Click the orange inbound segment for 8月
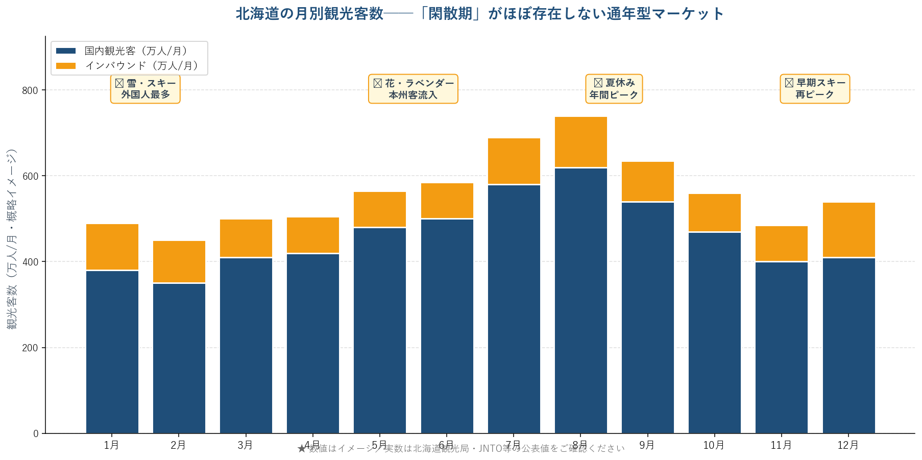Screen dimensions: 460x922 tap(581, 142)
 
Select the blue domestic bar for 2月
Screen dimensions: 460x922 tap(179, 358)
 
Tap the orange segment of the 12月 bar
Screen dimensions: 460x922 tap(848, 230)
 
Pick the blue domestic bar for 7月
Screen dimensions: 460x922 tap(514, 309)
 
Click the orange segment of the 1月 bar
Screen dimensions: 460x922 tap(112, 247)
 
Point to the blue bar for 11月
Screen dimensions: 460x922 tap(782, 347)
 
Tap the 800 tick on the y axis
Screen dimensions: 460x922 tap(30, 90)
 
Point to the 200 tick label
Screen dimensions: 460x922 tap(30, 348)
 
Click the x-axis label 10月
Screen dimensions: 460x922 tap(714, 445)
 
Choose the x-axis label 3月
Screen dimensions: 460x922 tap(246, 445)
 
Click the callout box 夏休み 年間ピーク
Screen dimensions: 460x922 tap(614, 89)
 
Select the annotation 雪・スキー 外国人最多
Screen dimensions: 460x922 tap(145, 89)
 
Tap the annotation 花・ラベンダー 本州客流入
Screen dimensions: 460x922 tap(413, 89)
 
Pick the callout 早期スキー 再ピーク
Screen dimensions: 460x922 tap(815, 89)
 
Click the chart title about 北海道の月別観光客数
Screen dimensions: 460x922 tap(479, 14)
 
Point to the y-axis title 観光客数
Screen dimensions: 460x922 tap(12, 238)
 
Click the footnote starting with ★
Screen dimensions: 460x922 tap(460, 449)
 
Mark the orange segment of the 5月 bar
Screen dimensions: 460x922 tap(380, 209)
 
